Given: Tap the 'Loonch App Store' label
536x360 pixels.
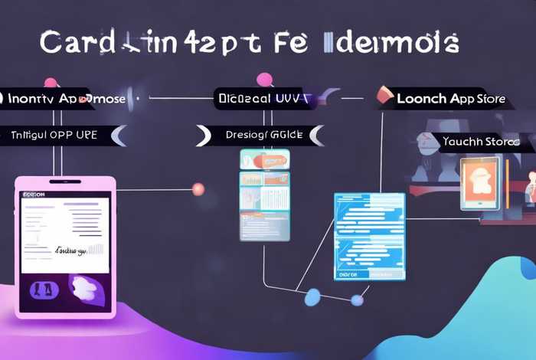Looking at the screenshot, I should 450,99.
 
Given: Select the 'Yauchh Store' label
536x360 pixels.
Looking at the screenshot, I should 481,142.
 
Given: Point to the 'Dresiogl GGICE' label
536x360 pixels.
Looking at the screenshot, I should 264,135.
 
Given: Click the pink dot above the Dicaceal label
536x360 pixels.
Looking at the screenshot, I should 265,79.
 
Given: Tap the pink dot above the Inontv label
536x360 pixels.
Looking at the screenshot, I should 51,82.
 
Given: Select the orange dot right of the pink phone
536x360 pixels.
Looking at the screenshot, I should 198,188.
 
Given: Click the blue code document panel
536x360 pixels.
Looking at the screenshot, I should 369,235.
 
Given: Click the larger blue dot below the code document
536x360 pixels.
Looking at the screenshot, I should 312,297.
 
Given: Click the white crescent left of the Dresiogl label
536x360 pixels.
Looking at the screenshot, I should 204,136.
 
